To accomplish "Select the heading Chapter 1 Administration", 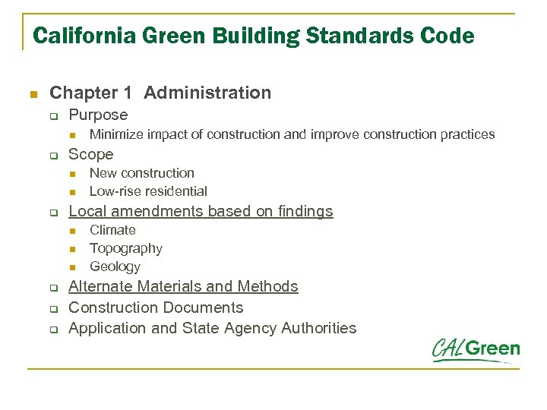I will click(160, 93).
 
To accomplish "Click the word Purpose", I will click(98, 115).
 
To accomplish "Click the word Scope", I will click(90, 154).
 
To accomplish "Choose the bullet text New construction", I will click(141, 173).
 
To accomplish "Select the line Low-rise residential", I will click(148, 191).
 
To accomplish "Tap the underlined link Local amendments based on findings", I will click(201, 211).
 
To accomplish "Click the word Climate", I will click(112, 230).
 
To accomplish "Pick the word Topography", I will click(125, 248).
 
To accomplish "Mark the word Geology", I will click(115, 266).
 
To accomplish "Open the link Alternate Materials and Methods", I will click(183, 286).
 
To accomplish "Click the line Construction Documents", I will click(156, 307).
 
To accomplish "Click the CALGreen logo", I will click(476, 351).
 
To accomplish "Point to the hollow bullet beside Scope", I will click(54, 156).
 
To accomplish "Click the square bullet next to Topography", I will click(73, 249).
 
